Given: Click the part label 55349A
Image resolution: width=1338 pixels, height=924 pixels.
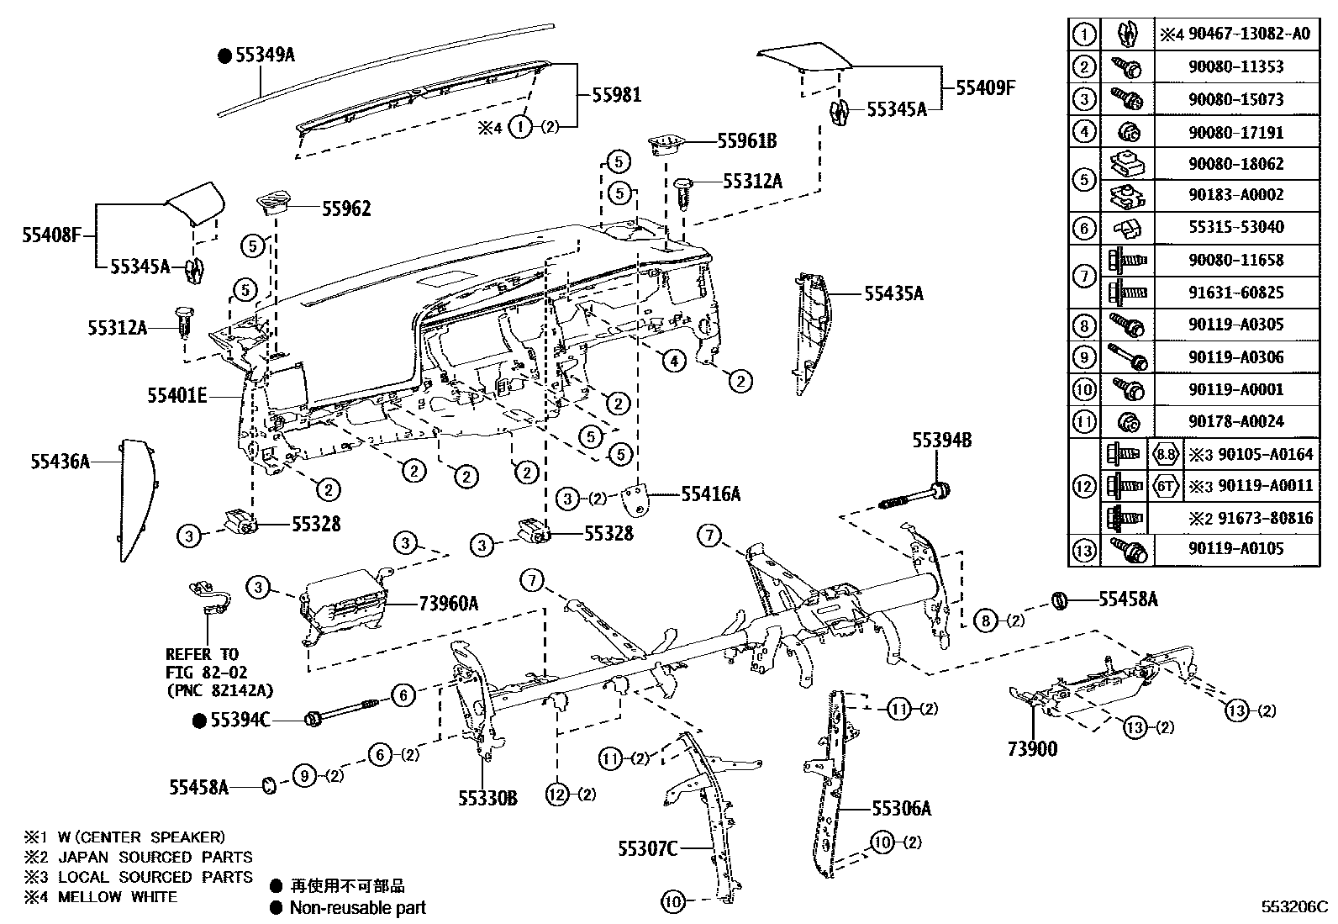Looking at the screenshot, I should tap(265, 55).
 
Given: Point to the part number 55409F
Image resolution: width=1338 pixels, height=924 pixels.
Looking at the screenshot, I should tap(985, 87).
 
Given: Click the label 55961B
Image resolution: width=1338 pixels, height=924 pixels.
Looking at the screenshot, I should tap(746, 141).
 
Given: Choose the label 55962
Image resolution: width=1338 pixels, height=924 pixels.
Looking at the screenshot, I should tap(346, 209).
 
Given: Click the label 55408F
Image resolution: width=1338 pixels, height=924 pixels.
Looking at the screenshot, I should tap(50, 235).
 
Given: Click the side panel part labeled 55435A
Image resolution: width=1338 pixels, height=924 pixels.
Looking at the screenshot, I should tap(811, 332).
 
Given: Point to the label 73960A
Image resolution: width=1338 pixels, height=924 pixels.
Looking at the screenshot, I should tap(449, 602).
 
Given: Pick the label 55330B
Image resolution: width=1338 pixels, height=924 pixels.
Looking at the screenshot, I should tap(487, 797).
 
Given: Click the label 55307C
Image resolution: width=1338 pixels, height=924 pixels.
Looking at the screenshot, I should tap(647, 847).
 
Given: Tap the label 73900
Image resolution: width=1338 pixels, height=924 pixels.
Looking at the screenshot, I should tap(1032, 749).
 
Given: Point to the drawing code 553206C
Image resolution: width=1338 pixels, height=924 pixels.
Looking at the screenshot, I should tap(1293, 907).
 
